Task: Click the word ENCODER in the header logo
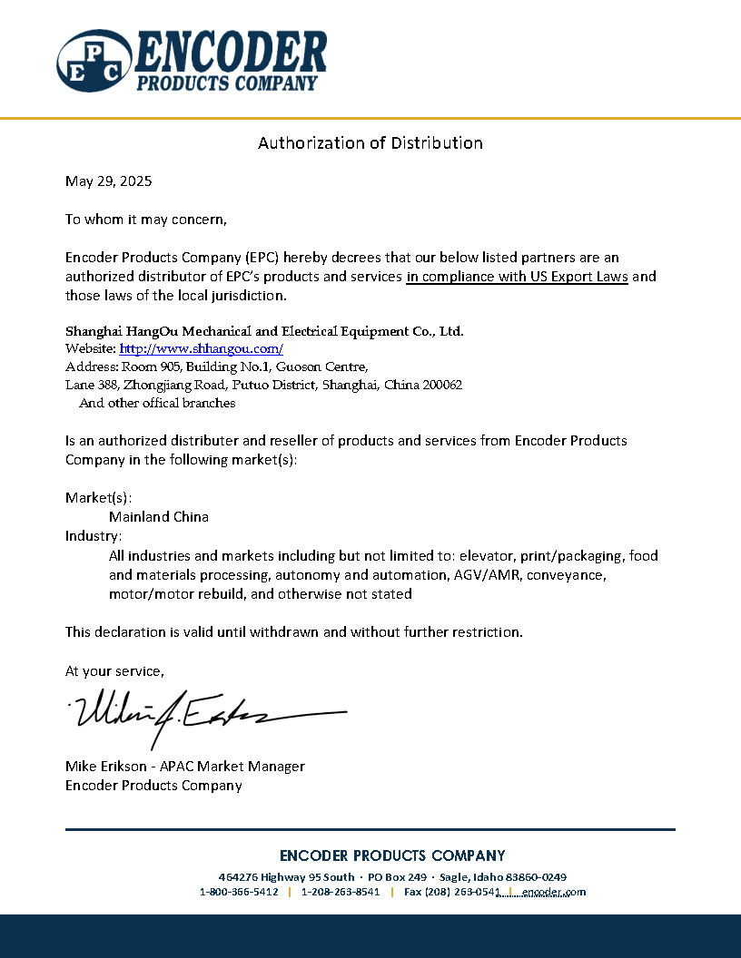[231, 53]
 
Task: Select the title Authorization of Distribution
[370, 142]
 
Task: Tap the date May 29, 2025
[108, 181]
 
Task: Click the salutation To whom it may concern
[145, 219]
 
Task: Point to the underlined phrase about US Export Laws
[517, 277]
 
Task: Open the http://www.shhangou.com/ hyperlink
[202, 348]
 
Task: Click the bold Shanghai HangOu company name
[264, 330]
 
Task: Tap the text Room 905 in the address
[149, 367]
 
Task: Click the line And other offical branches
[157, 403]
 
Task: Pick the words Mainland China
[159, 516]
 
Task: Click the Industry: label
[94, 535]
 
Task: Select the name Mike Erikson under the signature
[104, 766]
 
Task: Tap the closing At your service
[114, 670]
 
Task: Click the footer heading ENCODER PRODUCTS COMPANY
[392, 855]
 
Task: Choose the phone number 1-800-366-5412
[239, 892]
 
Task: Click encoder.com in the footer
[554, 892]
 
